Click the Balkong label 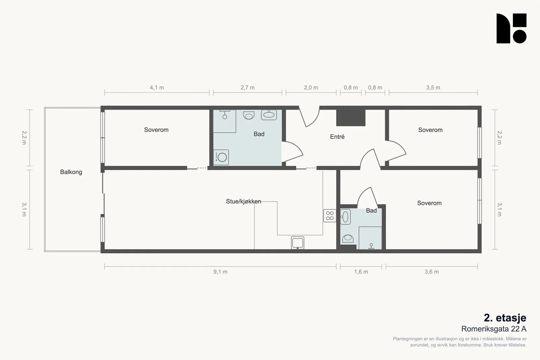click(71, 172)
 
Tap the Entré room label click(337, 137)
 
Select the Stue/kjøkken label click(243, 201)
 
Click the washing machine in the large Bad click(221, 157)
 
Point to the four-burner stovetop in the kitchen click(330, 216)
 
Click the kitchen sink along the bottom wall click(297, 243)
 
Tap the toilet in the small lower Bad click(348, 239)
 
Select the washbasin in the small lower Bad click(345, 217)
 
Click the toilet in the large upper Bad click(249, 115)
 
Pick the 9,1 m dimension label click(220, 272)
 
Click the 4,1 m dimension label click(157, 88)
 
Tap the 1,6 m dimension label click(361, 272)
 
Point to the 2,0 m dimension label click(311, 88)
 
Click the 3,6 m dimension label click(432, 272)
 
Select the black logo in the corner click(511, 28)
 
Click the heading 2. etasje click(505, 318)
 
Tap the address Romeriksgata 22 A click(494, 329)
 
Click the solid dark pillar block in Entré click(351, 118)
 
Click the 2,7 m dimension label click(248, 88)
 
